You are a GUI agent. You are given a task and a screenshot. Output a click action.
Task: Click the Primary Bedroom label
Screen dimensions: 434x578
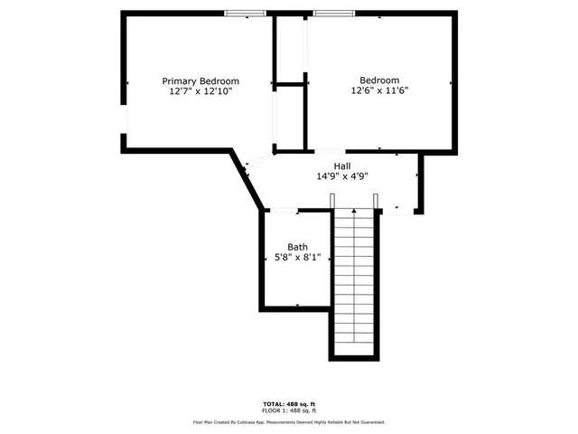pyautogui.click(x=200, y=80)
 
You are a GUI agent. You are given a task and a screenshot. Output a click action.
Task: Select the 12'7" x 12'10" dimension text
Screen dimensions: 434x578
pyautogui.click(x=200, y=91)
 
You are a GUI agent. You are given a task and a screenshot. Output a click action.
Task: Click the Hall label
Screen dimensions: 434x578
pyautogui.click(x=342, y=165)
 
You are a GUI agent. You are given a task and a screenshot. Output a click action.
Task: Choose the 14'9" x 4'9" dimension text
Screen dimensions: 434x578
pyautogui.click(x=342, y=177)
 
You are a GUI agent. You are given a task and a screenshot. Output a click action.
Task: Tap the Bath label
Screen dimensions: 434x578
pyautogui.click(x=297, y=247)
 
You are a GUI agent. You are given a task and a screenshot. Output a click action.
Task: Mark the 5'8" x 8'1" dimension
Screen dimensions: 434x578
pyautogui.click(x=297, y=258)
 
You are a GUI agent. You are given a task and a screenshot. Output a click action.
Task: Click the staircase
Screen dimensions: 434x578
pyautogui.click(x=353, y=280)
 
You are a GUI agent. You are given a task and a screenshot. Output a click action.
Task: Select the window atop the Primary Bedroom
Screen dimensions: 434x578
pyautogui.click(x=246, y=13)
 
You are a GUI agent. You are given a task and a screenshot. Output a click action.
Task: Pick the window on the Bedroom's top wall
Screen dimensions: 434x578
pyautogui.click(x=333, y=13)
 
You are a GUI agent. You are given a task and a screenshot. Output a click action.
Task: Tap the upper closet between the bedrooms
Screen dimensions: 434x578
pyautogui.click(x=290, y=50)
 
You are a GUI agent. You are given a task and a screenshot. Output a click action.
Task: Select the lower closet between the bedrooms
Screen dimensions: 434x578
pyautogui.click(x=290, y=118)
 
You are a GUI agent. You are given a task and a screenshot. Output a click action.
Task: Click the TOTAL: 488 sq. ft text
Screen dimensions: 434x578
pyautogui.click(x=289, y=403)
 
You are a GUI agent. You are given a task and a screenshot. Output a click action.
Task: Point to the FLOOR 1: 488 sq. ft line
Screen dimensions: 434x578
pyautogui.click(x=289, y=410)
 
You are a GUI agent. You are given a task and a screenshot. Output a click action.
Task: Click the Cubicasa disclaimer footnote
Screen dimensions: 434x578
pyautogui.click(x=289, y=421)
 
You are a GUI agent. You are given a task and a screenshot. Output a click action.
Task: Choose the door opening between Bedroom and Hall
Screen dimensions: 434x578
pyautogui.click(x=329, y=151)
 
